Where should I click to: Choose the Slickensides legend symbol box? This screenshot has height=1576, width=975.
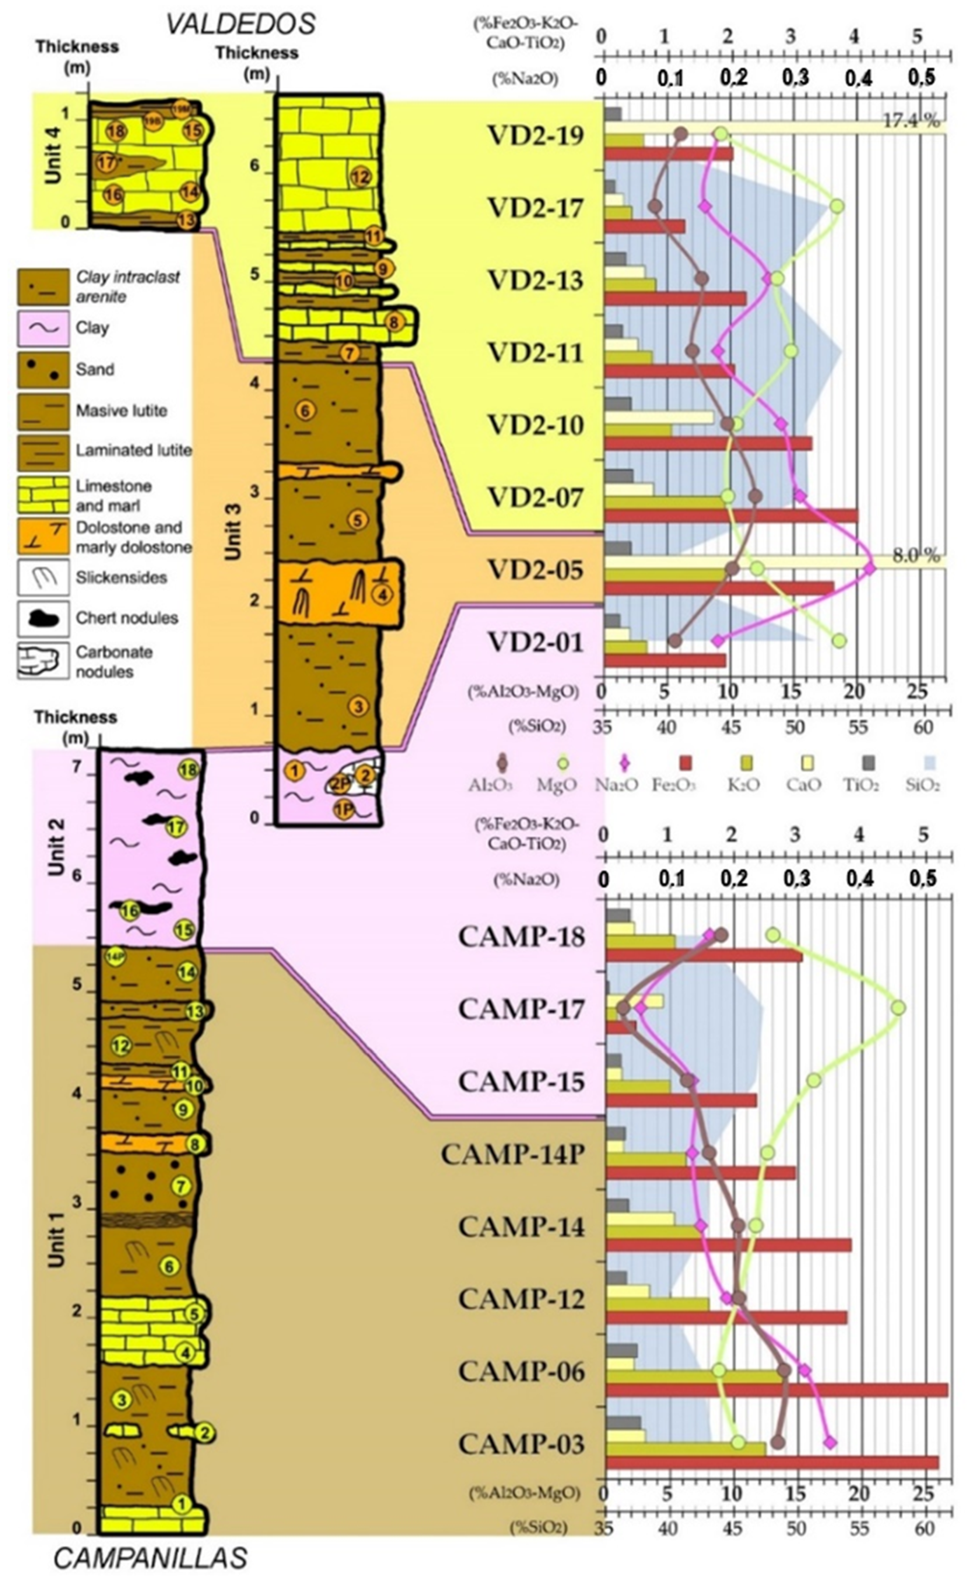tap(42, 577)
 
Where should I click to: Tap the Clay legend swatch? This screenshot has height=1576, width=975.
tap(42, 328)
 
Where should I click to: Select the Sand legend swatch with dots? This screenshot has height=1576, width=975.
tap(42, 369)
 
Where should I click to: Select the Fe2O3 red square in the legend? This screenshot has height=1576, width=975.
tap(686, 764)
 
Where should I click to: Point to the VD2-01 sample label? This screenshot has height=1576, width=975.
tap(536, 643)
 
